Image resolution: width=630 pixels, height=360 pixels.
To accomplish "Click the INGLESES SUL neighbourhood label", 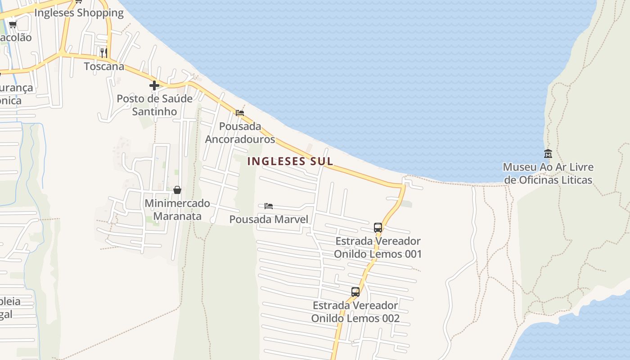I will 290,161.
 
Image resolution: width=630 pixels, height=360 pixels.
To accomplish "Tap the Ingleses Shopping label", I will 79,13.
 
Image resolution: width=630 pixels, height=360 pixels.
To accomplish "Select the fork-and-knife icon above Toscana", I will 104,53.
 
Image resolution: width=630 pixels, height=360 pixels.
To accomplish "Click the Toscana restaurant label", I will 104,66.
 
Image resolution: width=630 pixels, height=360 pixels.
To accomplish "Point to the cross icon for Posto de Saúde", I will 154,85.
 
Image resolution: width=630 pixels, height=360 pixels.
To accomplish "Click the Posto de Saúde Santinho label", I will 154,104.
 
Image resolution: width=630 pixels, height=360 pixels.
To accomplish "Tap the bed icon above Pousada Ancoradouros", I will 240,112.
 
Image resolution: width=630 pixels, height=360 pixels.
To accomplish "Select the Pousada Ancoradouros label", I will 240,132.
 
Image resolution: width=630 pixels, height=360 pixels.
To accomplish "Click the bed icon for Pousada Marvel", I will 269,206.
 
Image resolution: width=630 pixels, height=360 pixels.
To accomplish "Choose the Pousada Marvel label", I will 269,219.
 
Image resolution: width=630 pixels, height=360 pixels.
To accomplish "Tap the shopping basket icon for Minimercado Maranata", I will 177,190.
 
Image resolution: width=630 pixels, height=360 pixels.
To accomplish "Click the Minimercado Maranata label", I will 177,209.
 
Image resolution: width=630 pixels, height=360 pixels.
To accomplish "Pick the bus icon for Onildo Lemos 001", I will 378,228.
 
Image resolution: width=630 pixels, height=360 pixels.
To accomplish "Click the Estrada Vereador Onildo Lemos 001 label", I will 378,247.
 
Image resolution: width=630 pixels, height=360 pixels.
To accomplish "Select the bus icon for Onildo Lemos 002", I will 355,292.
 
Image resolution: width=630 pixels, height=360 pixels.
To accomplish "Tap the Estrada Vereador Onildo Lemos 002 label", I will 355,312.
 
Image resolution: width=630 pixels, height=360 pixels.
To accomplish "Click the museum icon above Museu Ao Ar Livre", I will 548,153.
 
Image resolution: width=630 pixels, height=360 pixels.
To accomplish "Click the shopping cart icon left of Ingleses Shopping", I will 13,24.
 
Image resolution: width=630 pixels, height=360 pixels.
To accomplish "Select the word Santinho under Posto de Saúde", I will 154,111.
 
